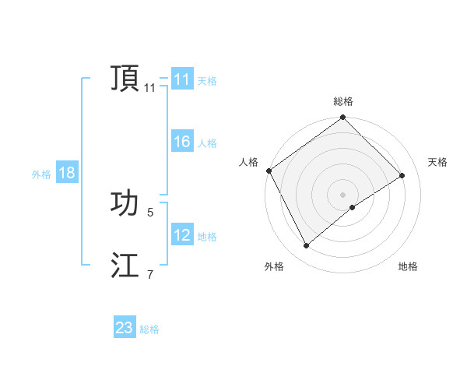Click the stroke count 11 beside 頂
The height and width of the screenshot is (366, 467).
tap(149, 88)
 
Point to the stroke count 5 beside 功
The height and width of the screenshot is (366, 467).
tap(149, 212)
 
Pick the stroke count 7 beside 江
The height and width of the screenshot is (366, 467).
tap(149, 274)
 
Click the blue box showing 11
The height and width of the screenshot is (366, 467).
tap(181, 79)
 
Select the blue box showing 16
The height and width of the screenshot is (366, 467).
tap(181, 142)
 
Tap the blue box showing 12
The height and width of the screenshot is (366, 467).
tap(181, 235)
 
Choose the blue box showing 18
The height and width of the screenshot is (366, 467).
tap(66, 173)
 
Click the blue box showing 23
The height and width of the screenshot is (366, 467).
tap(124, 328)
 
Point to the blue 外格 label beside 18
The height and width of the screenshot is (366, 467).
tap(41, 174)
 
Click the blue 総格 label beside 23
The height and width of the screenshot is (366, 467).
tap(149, 329)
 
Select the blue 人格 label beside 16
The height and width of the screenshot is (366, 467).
tap(207, 143)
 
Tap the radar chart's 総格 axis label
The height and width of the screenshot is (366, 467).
tap(343, 102)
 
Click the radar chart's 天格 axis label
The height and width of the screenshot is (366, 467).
tap(438, 162)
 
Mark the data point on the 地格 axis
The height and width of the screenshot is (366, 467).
tap(353, 207)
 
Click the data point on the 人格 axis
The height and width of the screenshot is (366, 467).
tap(269, 171)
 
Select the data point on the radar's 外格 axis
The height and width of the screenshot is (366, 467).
tap(306, 246)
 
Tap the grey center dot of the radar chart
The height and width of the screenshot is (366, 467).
tap(342, 194)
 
